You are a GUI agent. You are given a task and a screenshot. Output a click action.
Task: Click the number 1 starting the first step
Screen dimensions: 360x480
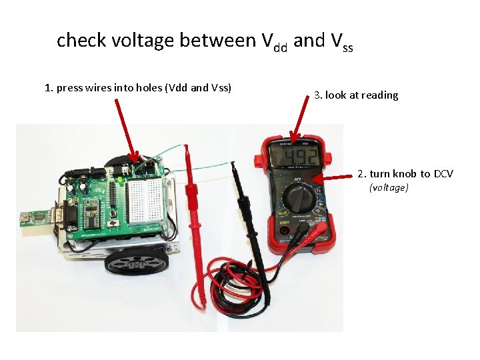pos(47,87)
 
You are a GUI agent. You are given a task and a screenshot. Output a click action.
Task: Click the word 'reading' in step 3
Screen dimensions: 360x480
pos(379,95)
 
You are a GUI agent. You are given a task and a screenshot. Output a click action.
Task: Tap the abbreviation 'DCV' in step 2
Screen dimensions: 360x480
pos(443,174)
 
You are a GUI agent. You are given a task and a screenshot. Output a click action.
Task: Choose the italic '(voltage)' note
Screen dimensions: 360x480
pos(389,188)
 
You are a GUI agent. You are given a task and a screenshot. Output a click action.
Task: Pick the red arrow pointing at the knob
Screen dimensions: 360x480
pos(336,177)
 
